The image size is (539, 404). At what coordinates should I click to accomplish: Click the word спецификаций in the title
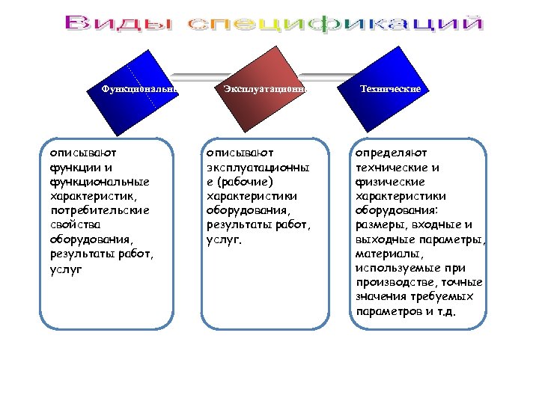tap(335, 24)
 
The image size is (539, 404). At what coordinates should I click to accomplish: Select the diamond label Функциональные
tap(141, 89)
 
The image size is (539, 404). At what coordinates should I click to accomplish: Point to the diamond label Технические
tap(390, 88)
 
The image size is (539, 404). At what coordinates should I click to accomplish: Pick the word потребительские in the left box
tap(100, 210)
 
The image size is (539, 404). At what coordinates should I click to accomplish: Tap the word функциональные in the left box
tap(100, 182)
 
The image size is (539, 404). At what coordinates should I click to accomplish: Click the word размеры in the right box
tap(382, 224)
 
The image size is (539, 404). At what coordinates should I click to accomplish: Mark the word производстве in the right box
tap(395, 282)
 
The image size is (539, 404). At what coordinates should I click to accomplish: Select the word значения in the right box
tap(380, 297)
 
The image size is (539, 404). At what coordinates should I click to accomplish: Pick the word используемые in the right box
tap(401, 268)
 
